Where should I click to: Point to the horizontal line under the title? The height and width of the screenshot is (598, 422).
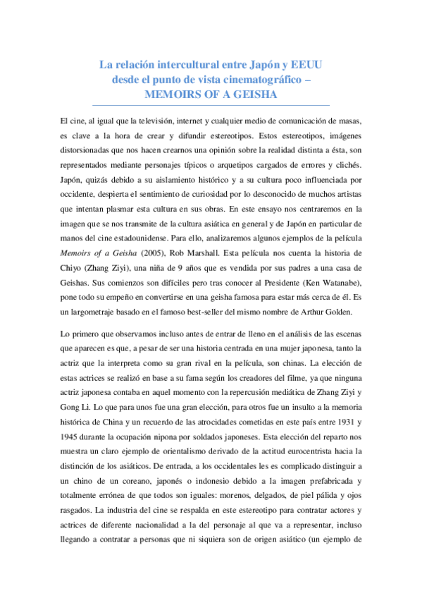pos(211,105)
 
